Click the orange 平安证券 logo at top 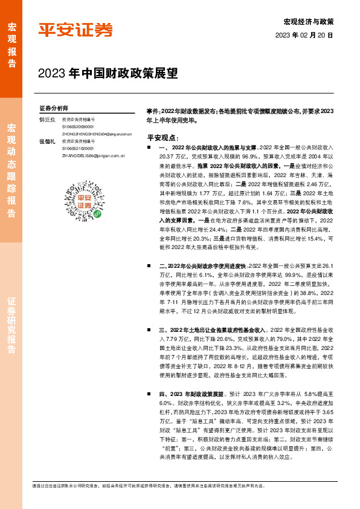click(76, 30)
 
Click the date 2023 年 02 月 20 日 click(304, 36)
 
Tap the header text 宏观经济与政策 click(309, 21)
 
